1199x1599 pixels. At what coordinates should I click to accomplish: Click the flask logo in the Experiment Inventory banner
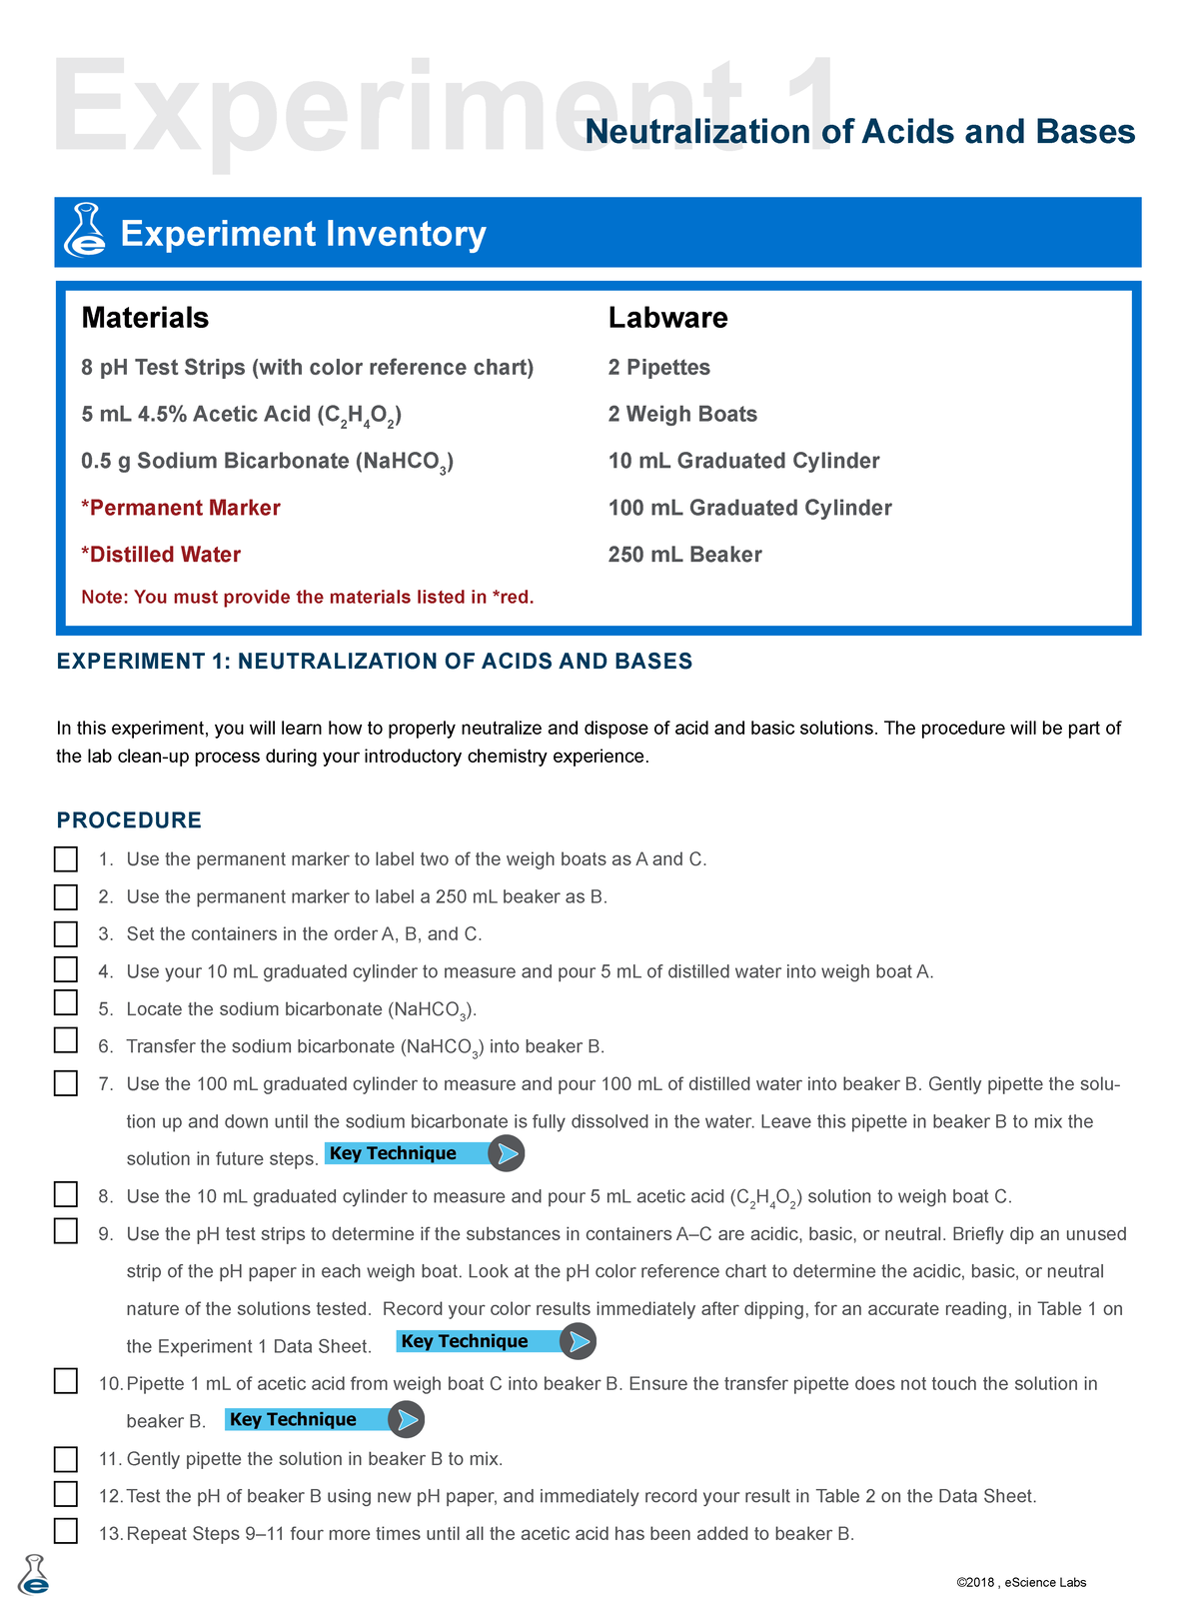(85, 231)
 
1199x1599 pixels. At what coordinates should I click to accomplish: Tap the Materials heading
(145, 318)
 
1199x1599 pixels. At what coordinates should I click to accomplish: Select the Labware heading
(667, 318)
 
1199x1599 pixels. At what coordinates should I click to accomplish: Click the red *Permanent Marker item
(181, 508)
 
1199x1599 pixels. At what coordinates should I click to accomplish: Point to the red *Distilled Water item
(161, 555)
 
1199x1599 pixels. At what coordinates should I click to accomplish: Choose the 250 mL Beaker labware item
(684, 555)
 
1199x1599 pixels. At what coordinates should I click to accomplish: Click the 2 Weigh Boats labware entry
(682, 414)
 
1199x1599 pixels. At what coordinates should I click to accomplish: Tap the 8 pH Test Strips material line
(307, 368)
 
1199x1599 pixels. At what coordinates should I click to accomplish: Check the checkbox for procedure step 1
(66, 858)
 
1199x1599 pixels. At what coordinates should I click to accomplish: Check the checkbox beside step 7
(66, 1083)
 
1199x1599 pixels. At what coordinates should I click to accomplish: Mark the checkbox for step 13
(66, 1531)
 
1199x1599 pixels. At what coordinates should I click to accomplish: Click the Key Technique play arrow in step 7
(507, 1154)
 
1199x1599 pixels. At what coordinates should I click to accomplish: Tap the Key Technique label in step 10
(293, 1419)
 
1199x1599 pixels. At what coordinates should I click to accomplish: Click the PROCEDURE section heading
(129, 820)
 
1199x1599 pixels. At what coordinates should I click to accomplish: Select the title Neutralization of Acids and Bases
(859, 132)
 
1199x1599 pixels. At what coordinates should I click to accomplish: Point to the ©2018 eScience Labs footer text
(1021, 1582)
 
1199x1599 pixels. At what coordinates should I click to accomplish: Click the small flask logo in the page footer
(34, 1575)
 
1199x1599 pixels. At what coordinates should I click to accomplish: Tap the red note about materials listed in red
(308, 598)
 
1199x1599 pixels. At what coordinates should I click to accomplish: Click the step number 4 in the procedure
(105, 971)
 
